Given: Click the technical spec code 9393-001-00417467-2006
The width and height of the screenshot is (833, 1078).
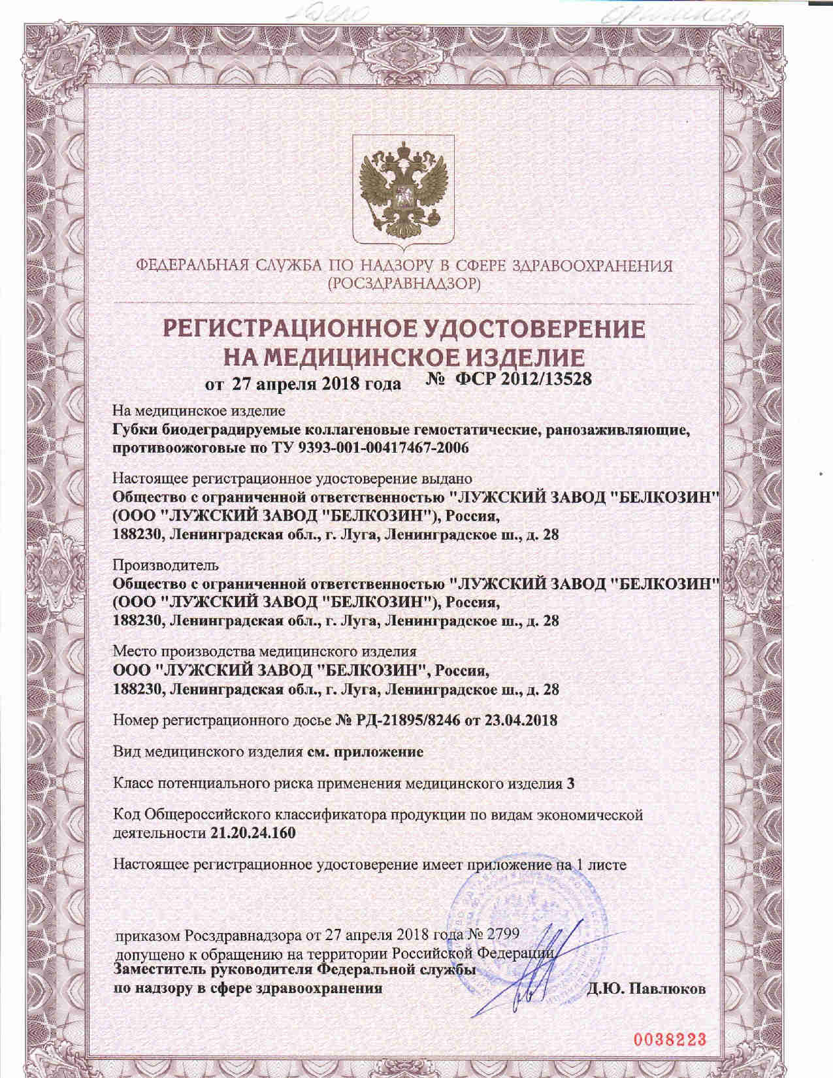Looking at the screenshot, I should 386,448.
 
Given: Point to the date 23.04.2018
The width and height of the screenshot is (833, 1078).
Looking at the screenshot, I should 522,721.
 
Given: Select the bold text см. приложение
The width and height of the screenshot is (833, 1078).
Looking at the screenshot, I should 365,751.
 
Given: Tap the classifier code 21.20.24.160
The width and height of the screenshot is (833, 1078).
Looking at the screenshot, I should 253,833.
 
